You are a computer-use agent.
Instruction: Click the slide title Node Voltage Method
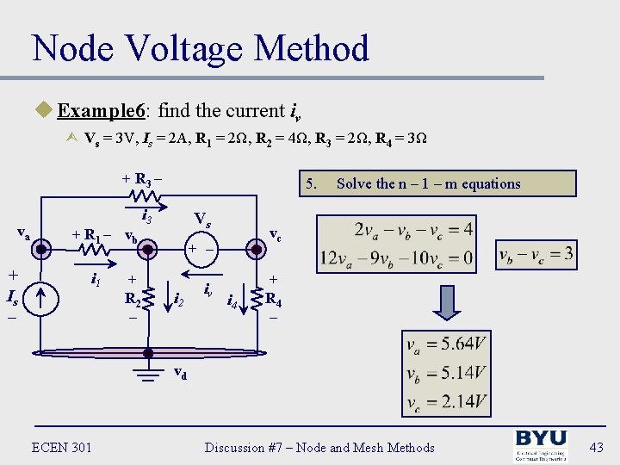201,48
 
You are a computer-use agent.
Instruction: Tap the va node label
24,232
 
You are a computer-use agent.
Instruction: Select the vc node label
276,233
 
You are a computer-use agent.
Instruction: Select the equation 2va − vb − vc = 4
400,230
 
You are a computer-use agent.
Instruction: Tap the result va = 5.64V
445,345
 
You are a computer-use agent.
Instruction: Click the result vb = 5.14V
445,373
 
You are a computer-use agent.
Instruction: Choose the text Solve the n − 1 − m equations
428,183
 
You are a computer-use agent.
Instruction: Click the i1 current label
99,279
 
